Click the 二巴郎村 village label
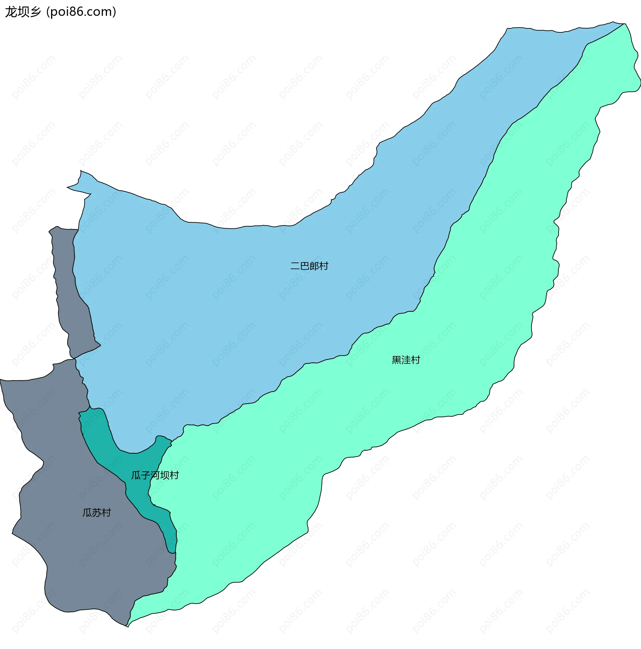coord(309,266)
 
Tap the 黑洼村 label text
coord(406,360)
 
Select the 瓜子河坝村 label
coord(155,475)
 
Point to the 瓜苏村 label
coord(97,512)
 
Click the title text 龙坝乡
coord(23,12)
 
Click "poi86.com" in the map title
coord(81,12)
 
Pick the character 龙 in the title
coord(11,12)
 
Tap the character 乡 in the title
coord(35,12)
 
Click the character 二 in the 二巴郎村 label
coord(295,266)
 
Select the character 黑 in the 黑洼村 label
coord(396,360)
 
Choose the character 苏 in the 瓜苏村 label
coord(97,512)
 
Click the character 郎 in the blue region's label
coord(314,266)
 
